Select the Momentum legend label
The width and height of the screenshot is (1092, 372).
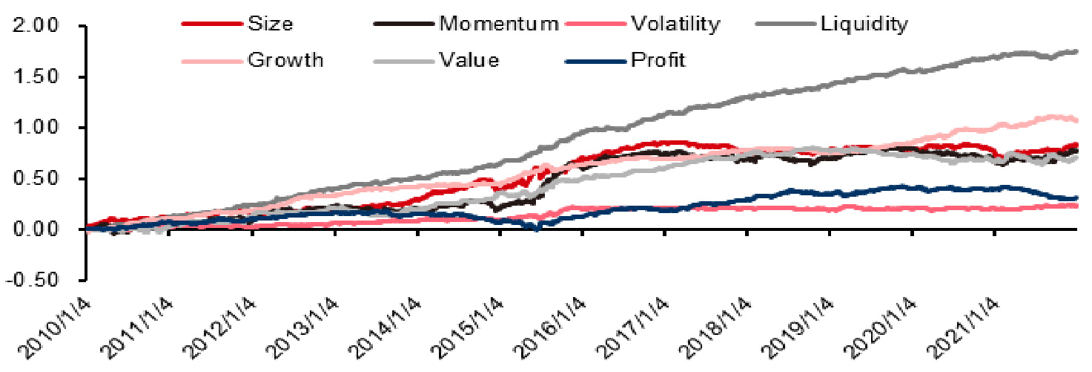pos(498,24)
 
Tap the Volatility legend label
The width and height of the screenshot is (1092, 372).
pos(675,24)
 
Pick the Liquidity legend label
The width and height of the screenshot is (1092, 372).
pos(864,24)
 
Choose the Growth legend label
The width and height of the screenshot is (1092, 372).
pos(285,60)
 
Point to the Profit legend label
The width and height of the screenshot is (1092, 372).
pos(658,60)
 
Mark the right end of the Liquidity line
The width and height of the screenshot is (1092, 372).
pos(1076,51)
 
